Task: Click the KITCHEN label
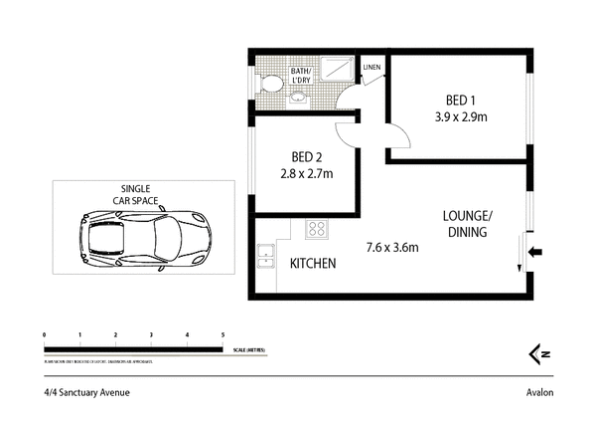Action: tap(312, 264)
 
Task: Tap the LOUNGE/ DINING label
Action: tap(467, 224)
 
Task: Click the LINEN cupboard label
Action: tap(372, 68)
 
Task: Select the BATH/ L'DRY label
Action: tap(302, 76)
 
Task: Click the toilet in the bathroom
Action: tap(267, 85)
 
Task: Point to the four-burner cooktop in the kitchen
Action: tap(317, 230)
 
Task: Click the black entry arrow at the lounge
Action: tap(536, 253)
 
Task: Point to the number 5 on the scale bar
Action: tap(223, 335)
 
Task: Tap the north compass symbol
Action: tap(539, 352)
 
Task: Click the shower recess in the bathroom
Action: tap(338, 67)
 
